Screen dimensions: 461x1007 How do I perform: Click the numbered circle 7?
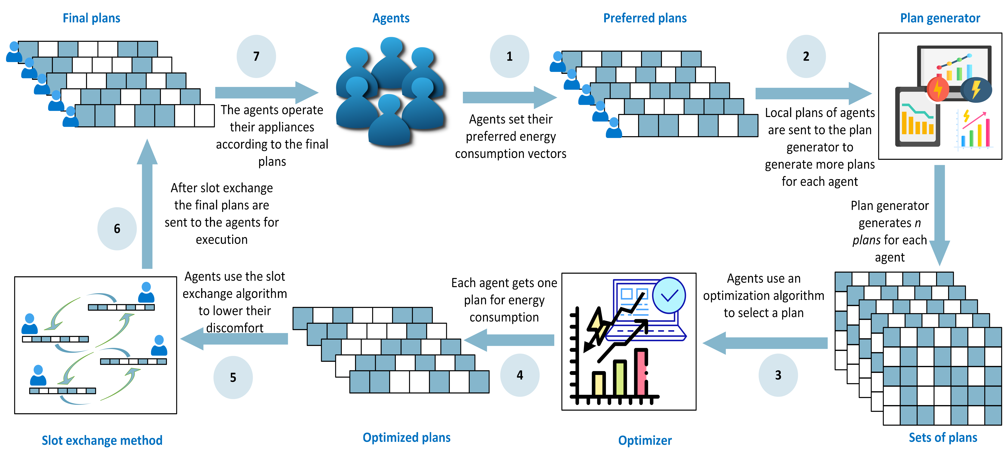click(x=256, y=56)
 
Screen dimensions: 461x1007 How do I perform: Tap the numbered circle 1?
click(x=509, y=56)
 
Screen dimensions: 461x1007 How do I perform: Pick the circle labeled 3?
click(x=778, y=375)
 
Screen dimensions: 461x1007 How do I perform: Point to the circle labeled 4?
click(x=519, y=375)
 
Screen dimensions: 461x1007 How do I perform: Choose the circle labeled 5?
click(x=233, y=377)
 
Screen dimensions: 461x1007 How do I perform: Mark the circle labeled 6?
click(x=117, y=229)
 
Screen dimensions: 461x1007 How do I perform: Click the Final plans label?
click(x=91, y=18)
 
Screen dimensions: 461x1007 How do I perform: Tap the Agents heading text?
click(x=391, y=18)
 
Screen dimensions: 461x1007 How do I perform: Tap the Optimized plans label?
click(x=407, y=438)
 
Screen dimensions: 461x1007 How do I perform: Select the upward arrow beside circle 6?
click(x=147, y=207)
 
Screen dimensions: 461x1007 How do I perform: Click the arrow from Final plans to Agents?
click(x=266, y=93)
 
